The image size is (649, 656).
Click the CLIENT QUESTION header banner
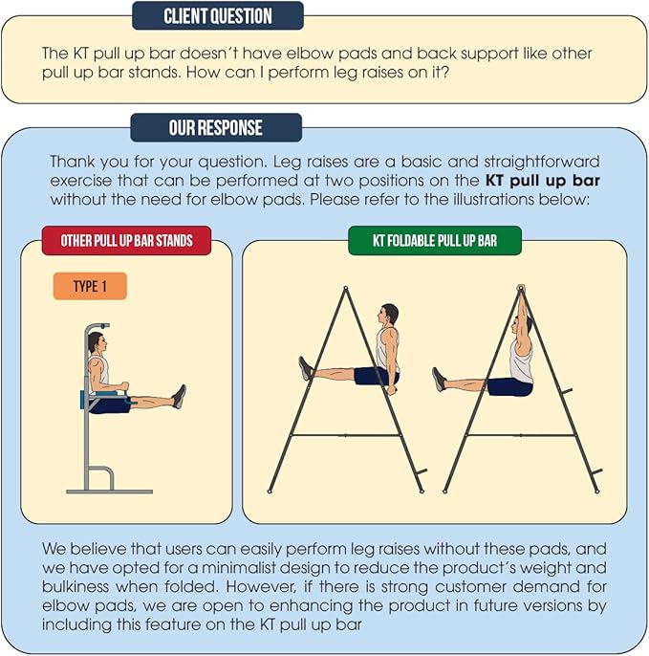[x=218, y=16]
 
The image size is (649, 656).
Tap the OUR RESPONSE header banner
[x=216, y=127]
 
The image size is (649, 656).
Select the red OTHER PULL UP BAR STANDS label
[x=126, y=241]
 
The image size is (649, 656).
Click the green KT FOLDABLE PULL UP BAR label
[x=435, y=241]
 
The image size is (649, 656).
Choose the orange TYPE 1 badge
[x=90, y=286]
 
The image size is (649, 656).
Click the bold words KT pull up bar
[x=543, y=181]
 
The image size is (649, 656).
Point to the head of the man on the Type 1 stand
[x=97, y=342]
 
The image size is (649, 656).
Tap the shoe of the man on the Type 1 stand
[x=180, y=396]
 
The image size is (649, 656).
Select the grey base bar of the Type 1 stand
[x=110, y=492]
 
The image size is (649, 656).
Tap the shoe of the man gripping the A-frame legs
[x=305, y=368]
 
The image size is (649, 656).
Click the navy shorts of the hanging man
[x=510, y=387]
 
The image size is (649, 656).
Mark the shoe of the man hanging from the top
[x=439, y=380]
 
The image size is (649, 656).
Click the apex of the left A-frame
[x=345, y=288]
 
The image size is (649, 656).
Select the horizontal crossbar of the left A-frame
[x=345, y=435]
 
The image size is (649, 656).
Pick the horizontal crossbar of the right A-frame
[x=521, y=435]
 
